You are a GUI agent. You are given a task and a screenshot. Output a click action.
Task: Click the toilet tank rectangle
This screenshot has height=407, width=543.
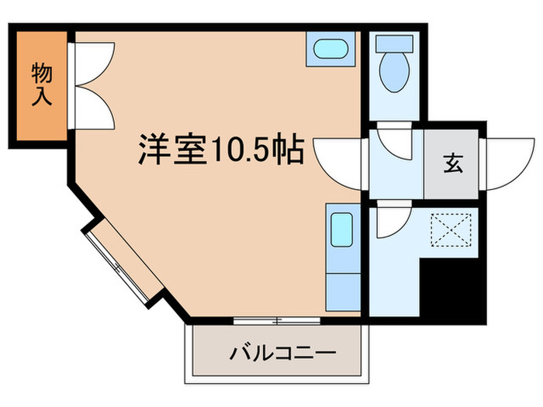click(x=395, y=43)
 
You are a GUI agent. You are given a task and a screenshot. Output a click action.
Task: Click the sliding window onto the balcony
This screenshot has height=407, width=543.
click(x=277, y=319)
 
